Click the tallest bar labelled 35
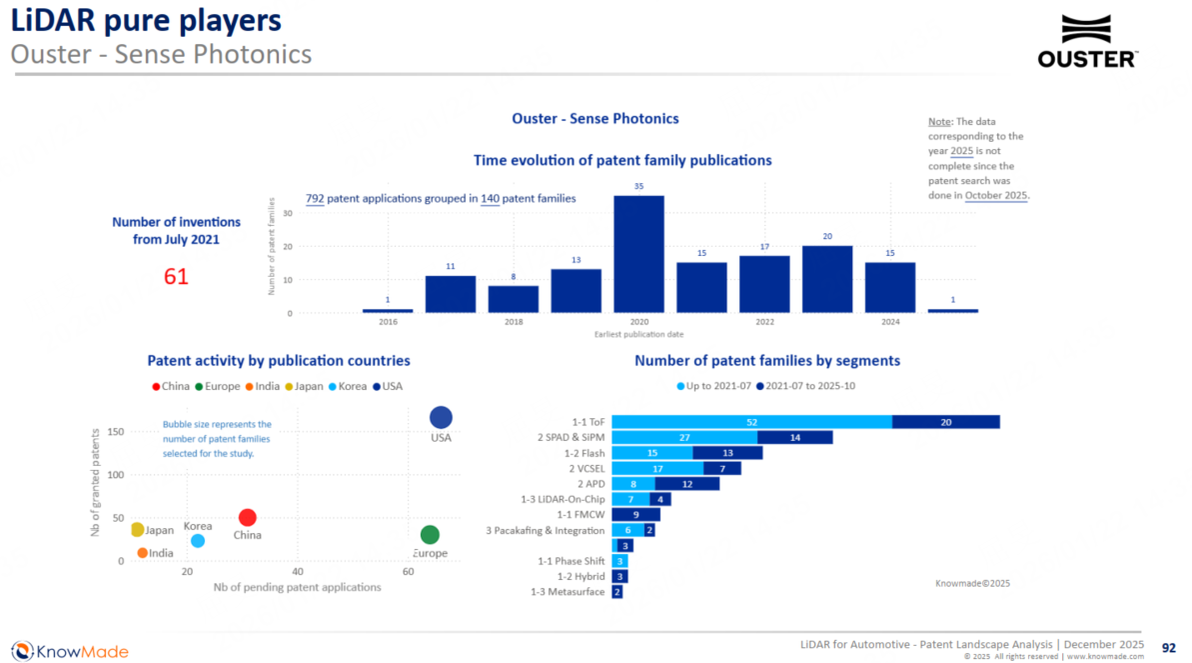tap(637, 254)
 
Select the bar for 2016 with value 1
tap(388, 310)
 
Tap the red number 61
tap(176, 276)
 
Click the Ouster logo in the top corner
tap(1086, 42)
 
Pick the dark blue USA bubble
tap(441, 418)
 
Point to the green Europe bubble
tap(430, 535)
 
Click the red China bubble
tap(247, 517)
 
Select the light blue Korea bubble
tap(198, 541)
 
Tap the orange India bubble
tap(142, 553)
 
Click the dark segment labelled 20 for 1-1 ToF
tap(945, 422)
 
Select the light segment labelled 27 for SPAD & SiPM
tap(684, 437)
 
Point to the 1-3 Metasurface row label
tap(568, 592)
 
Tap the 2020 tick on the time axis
tap(638, 323)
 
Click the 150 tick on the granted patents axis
tap(114, 432)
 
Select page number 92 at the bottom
tap(1168, 647)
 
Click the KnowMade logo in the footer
tap(70, 651)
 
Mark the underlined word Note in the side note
tap(939, 122)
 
